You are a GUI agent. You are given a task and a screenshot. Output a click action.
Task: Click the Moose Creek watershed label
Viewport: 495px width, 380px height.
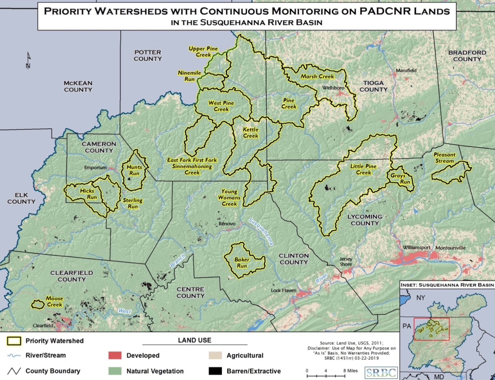pyautogui.click(x=54, y=302)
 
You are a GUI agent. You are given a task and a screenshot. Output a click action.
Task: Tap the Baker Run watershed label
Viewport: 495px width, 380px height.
pyautogui.click(x=242, y=263)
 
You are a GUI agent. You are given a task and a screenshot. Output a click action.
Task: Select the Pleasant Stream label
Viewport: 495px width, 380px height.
pyautogui.click(x=445, y=158)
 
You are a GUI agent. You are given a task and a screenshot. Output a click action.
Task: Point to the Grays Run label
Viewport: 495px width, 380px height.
pyautogui.click(x=401, y=178)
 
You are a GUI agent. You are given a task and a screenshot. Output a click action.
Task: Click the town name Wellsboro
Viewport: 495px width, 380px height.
pyautogui.click(x=333, y=88)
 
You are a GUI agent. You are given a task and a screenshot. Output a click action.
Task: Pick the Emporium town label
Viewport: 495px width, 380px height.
pyautogui.click(x=95, y=167)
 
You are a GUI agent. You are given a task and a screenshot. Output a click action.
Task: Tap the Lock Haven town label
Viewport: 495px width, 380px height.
pyautogui.click(x=283, y=290)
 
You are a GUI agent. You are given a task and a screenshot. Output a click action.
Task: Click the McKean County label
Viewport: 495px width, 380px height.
pyautogui.click(x=78, y=86)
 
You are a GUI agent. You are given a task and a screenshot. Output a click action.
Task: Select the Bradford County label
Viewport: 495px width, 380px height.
pyautogui.click(x=467, y=56)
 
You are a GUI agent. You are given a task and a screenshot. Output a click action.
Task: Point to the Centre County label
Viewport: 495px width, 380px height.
pyautogui.click(x=191, y=292)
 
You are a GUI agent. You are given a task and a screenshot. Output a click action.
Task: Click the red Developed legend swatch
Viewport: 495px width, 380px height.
pyautogui.click(x=115, y=355)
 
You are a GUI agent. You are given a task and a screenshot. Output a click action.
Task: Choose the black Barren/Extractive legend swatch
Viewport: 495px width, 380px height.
pyautogui.click(x=215, y=371)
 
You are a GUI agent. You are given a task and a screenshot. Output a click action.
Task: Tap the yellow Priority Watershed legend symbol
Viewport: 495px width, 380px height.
pyautogui.click(x=14, y=341)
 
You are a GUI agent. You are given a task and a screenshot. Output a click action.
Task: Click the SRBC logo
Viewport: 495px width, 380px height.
pyautogui.click(x=381, y=373)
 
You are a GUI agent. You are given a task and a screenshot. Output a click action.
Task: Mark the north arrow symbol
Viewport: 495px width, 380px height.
pyautogui.click(x=28, y=61)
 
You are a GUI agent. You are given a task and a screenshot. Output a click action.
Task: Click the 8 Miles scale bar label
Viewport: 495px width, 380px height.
pyautogui.click(x=350, y=370)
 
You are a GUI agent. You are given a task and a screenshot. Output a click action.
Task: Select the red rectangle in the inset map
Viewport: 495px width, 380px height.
pyautogui.click(x=432, y=329)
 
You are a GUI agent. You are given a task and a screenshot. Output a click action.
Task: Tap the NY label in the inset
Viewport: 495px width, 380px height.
pyautogui.click(x=420, y=298)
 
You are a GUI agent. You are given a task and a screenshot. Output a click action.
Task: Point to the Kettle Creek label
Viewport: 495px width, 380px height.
pyautogui.click(x=251, y=133)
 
